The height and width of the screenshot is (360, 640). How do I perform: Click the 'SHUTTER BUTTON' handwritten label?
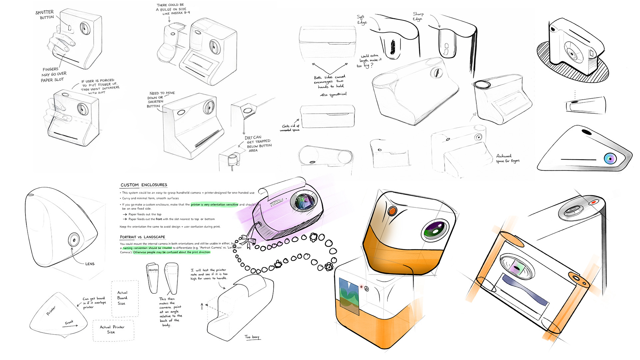click(45, 15)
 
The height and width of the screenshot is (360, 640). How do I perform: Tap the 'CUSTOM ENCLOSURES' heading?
click(144, 185)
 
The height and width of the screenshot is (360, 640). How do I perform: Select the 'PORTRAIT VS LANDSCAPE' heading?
click(142, 237)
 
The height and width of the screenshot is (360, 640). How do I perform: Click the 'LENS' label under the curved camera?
click(90, 264)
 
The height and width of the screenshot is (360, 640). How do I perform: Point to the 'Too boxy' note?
click(252, 337)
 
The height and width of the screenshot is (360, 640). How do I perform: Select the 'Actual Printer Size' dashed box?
click(113, 330)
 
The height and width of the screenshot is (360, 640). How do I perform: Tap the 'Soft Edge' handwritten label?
click(361, 20)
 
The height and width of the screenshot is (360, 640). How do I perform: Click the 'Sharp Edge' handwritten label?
click(418, 16)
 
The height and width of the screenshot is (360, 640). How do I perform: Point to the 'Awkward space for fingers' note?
click(507, 158)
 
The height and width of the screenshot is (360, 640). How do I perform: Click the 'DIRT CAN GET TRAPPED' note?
click(258, 144)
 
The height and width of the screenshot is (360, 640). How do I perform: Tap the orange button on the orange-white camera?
click(393, 211)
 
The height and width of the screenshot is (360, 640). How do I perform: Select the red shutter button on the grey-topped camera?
click(594, 202)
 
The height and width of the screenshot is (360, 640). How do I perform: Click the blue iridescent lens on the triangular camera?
click(610, 158)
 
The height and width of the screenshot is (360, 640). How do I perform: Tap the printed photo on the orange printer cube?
click(349, 296)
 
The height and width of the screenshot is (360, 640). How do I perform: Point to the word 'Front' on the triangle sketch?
click(69, 322)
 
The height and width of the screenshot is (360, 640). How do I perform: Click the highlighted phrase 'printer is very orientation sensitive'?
click(214, 205)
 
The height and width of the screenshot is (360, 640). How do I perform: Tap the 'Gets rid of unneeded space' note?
click(290, 128)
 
